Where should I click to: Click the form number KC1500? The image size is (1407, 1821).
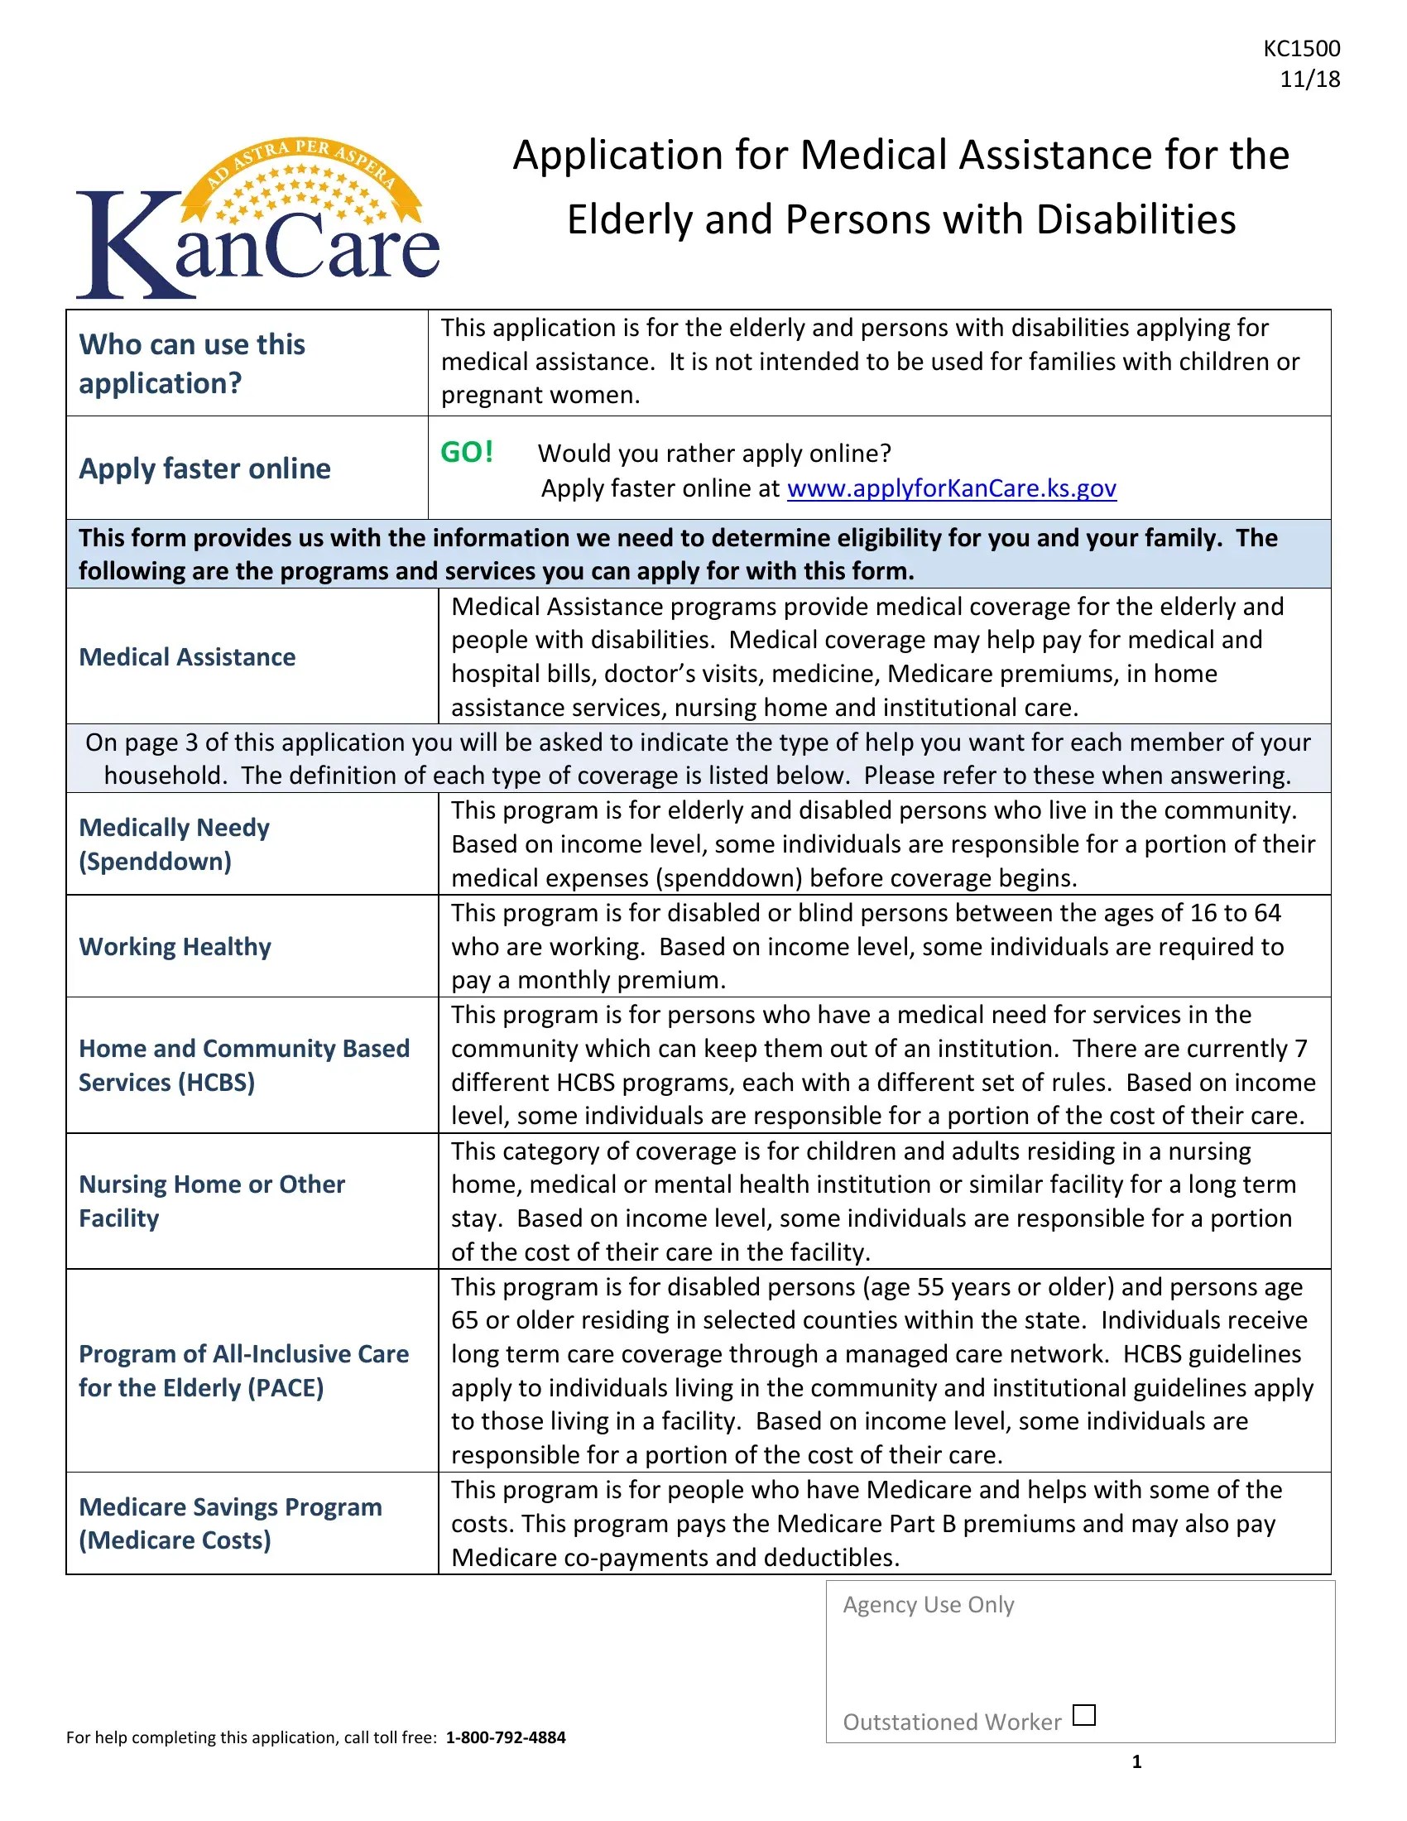click(x=1301, y=48)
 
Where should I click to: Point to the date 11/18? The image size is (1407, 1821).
click(x=1309, y=79)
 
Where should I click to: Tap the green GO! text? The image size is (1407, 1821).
click(x=467, y=452)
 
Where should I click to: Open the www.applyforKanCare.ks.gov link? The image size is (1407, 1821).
click(x=951, y=488)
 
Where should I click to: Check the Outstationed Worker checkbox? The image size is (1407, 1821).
click(x=1083, y=1715)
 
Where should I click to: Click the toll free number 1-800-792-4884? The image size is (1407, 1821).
click(x=505, y=1737)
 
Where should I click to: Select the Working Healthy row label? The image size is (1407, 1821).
click(x=175, y=946)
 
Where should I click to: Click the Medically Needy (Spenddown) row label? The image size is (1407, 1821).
click(x=174, y=843)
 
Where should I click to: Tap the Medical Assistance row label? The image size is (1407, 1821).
click(x=187, y=657)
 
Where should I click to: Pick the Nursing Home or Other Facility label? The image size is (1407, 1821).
click(x=211, y=1201)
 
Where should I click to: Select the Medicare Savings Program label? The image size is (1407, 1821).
click(x=230, y=1523)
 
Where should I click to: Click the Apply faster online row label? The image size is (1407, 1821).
click(x=204, y=468)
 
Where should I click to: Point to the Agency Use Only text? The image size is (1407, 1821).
click(x=928, y=1605)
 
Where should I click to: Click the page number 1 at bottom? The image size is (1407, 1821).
click(x=1136, y=1761)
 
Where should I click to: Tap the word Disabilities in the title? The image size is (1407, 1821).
click(x=1136, y=220)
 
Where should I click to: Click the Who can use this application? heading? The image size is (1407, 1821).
click(x=192, y=363)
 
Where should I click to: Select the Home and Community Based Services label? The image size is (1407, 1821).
click(x=243, y=1064)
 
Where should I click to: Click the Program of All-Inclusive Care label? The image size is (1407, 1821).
click(x=243, y=1371)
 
